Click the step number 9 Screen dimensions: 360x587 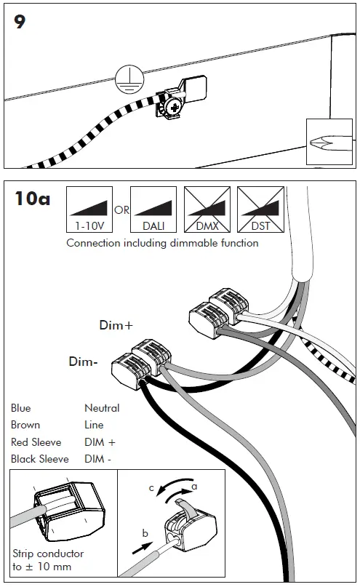20,22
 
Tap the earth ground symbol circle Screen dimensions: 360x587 129,79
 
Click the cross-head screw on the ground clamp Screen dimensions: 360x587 175,108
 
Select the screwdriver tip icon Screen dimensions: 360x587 329,142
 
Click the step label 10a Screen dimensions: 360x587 32,199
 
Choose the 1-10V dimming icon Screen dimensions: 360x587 89,209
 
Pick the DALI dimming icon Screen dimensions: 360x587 153,209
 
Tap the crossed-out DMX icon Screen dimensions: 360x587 207,209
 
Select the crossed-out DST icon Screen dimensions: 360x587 261,209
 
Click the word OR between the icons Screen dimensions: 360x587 121,210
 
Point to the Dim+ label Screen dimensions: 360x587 116,325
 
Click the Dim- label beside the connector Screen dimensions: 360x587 83,362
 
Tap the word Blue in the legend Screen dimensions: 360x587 21,407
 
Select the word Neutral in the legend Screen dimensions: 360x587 102,407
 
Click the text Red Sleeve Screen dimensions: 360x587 36,442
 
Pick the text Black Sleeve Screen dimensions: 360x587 40,459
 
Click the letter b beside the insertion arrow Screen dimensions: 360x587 145,532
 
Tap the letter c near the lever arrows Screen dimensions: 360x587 151,488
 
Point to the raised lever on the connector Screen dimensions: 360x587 185,506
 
